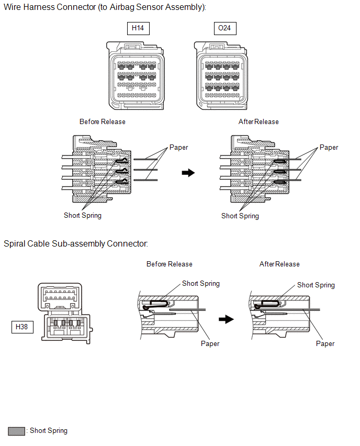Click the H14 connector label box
point(138,28)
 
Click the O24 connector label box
point(225,28)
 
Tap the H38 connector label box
point(22,327)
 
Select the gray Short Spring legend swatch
point(17,431)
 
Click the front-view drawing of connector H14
point(136,76)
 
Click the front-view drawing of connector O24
point(221,76)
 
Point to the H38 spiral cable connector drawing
point(65,313)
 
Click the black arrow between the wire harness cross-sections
point(188,173)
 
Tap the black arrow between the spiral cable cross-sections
point(226,319)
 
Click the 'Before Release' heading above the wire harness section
point(103,122)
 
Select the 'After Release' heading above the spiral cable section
point(279,264)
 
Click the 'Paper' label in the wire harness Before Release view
point(178,147)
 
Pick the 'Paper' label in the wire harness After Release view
point(329,147)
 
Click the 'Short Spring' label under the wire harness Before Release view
point(83,215)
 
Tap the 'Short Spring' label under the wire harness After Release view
point(240,216)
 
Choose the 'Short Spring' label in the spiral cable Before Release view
point(201,284)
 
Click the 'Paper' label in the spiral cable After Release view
point(325,343)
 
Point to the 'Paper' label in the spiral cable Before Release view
point(210,343)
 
